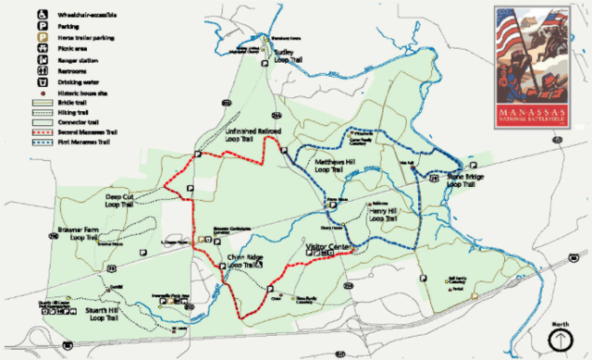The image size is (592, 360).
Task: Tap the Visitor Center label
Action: coord(328,248)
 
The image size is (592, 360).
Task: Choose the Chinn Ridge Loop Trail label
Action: coord(246,262)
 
